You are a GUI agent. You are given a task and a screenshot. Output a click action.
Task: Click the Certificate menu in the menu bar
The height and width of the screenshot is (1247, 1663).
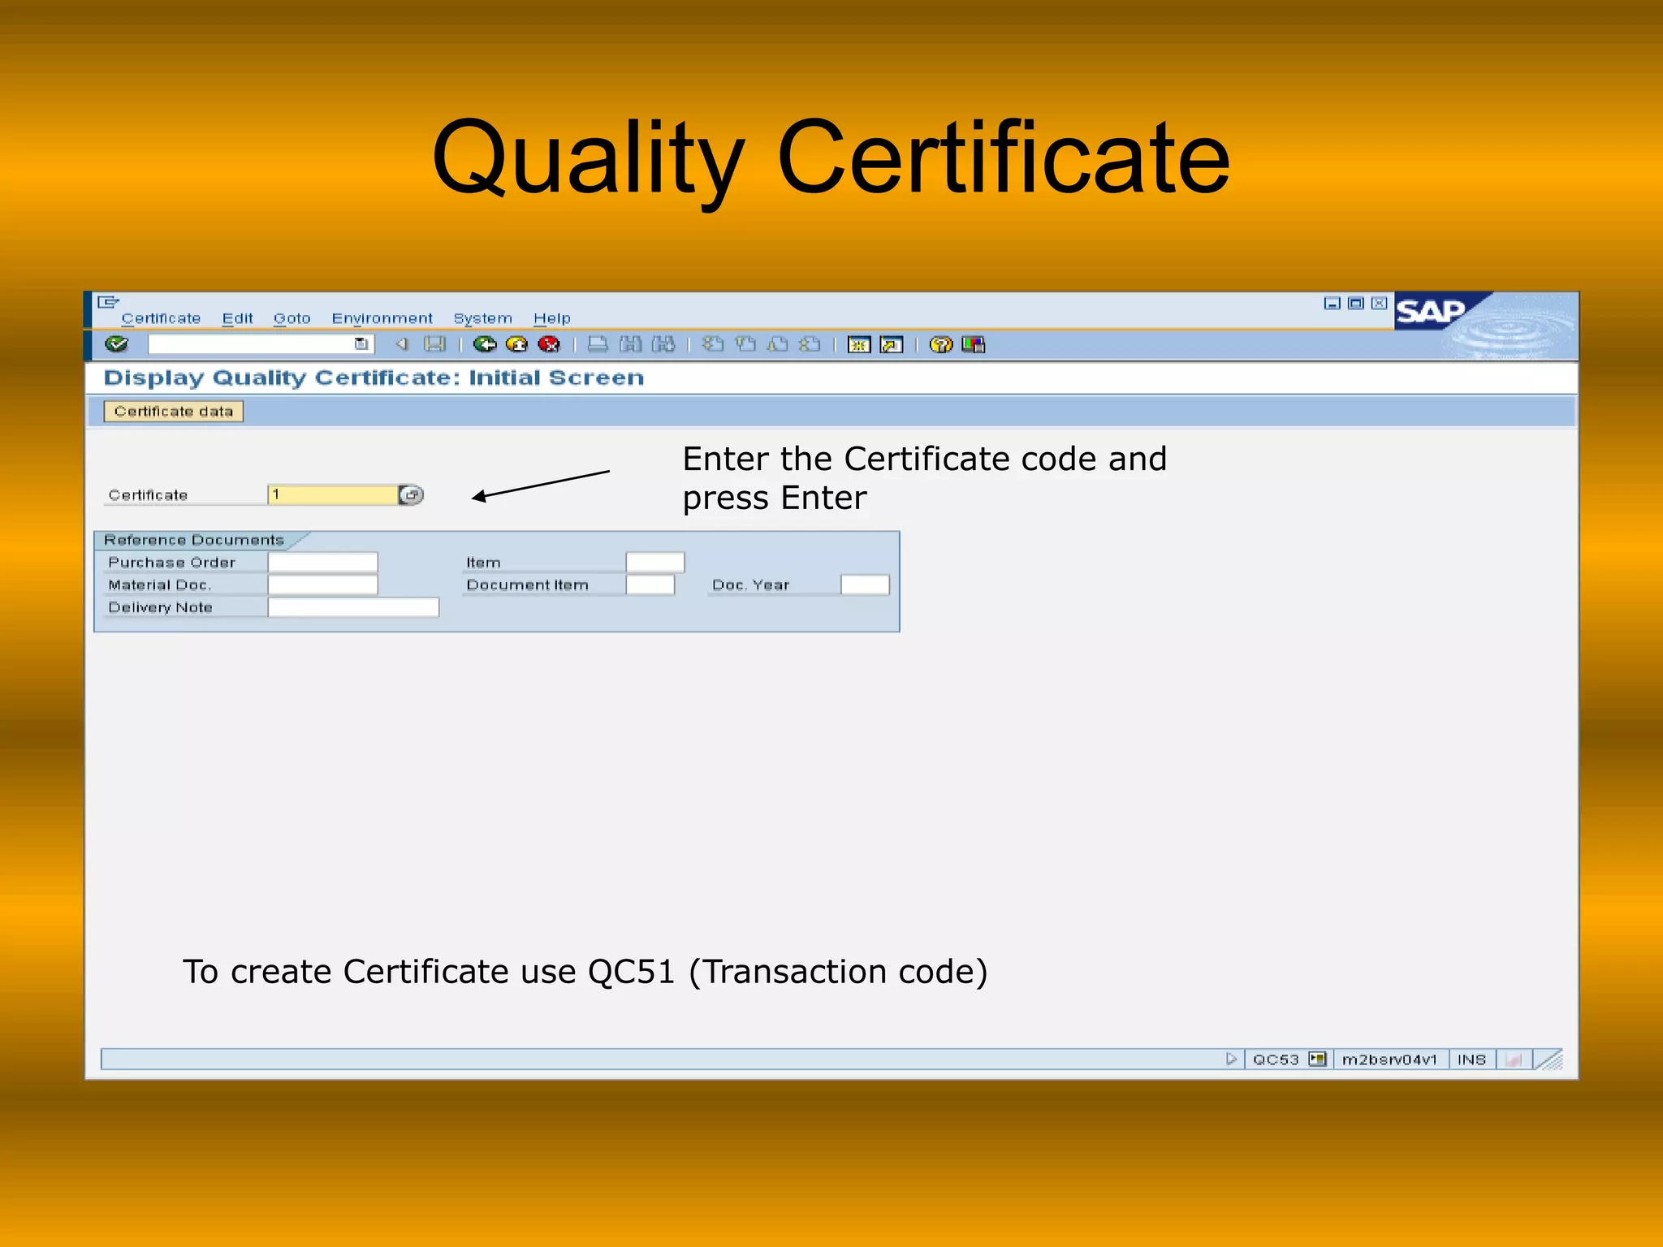[161, 318]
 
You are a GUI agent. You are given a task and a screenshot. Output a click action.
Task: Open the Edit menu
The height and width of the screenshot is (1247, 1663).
[237, 318]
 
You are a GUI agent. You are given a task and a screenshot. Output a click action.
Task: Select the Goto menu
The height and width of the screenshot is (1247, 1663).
[292, 318]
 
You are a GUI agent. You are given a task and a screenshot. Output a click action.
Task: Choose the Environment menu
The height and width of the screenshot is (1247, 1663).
[382, 318]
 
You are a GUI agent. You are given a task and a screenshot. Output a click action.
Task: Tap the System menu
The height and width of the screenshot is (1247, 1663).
[482, 318]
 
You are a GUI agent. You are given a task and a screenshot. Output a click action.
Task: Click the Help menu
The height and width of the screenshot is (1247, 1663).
[551, 318]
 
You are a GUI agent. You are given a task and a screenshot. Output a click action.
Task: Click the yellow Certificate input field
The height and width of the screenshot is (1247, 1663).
[332, 494]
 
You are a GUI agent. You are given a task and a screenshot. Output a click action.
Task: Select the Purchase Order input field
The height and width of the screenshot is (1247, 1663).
[322, 562]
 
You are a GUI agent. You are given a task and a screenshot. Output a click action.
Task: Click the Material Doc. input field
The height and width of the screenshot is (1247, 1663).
[322, 585]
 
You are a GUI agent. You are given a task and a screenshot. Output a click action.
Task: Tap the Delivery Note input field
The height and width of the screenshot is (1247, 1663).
[353, 607]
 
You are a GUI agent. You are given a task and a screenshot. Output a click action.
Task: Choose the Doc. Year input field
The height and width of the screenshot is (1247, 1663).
[865, 585]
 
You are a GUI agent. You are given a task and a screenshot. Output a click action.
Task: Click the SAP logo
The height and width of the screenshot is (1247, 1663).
[1431, 312]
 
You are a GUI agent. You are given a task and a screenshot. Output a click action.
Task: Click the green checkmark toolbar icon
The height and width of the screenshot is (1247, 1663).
[117, 344]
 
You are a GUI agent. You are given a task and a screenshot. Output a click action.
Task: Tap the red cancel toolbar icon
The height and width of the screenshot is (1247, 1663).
[549, 344]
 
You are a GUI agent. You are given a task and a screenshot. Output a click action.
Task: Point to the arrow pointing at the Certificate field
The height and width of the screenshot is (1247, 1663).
[540, 485]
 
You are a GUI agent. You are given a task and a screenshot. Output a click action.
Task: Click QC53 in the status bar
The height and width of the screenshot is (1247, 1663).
[1275, 1059]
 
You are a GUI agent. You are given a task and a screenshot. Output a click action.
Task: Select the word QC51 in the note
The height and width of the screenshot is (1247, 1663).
[631, 972]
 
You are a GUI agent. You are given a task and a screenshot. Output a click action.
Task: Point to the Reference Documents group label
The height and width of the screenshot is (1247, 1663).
[194, 540]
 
